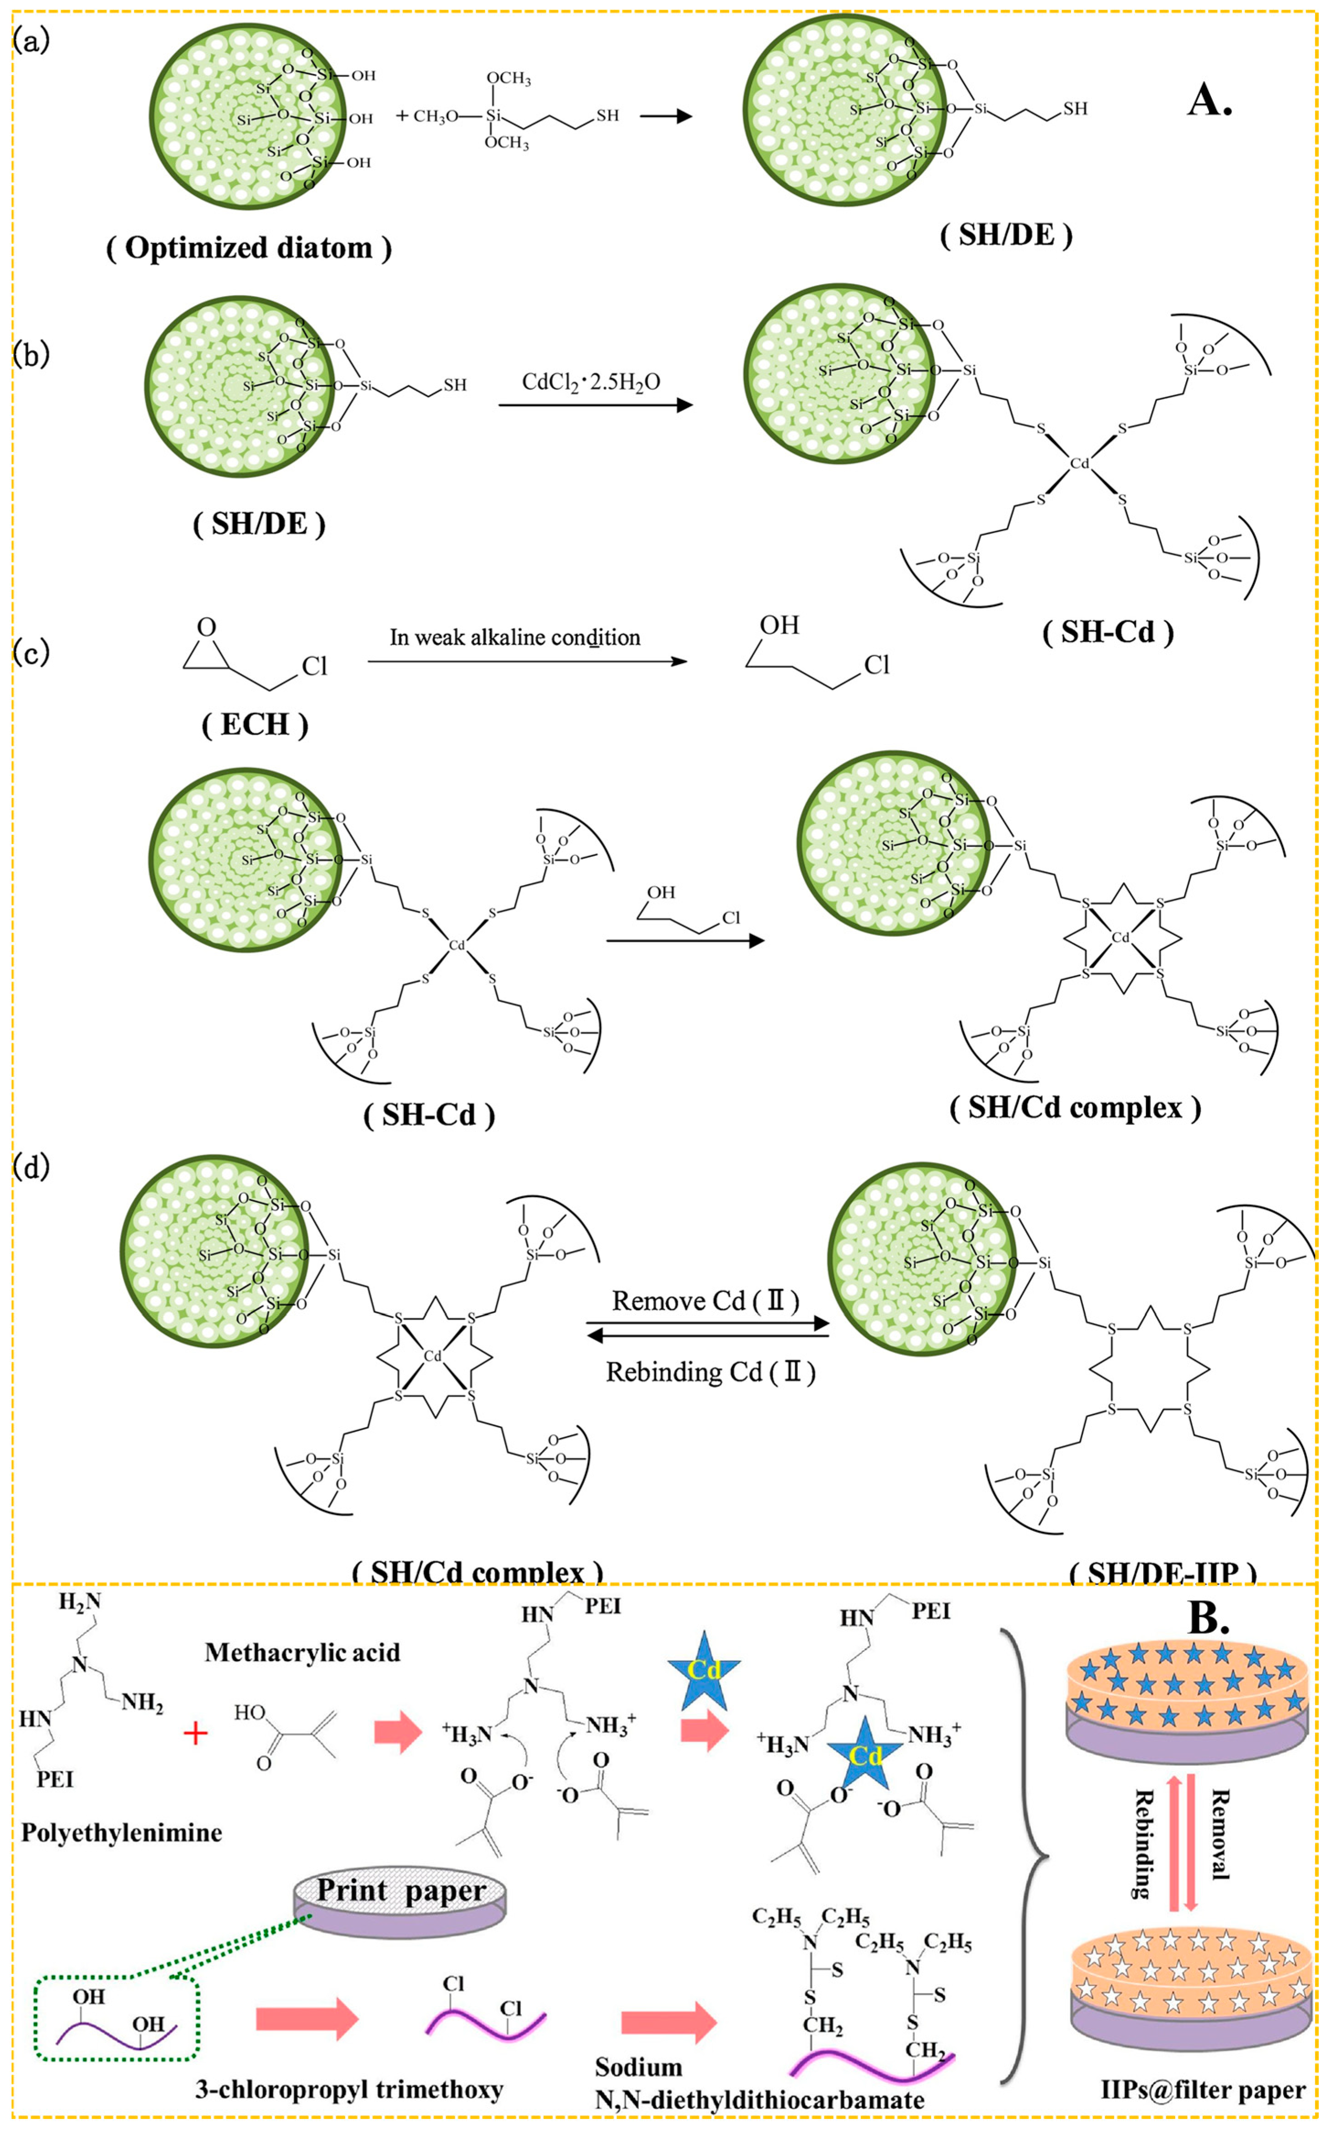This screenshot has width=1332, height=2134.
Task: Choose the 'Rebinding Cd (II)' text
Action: (x=710, y=1372)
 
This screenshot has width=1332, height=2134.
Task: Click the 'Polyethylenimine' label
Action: (x=122, y=1833)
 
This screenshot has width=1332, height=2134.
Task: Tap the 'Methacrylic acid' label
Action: (x=302, y=1652)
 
